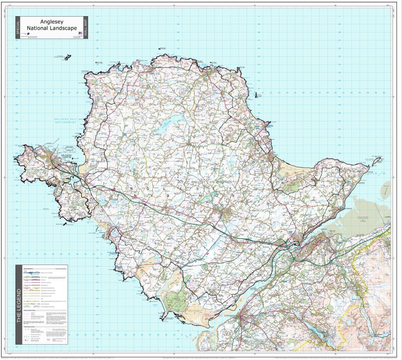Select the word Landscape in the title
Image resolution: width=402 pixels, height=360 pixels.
coord(63,28)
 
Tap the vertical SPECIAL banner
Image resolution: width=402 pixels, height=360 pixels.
coord(17,28)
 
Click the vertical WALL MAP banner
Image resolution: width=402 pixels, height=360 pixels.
coord(85,28)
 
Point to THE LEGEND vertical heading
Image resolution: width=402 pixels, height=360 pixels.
coord(18,304)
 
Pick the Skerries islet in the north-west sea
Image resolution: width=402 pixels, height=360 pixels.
coord(67,57)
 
